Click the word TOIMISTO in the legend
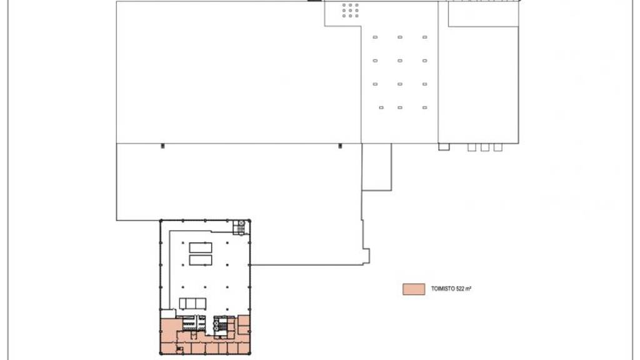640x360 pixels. [x=443, y=289]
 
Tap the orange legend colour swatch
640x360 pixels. [x=414, y=289]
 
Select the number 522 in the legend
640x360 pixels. [x=461, y=289]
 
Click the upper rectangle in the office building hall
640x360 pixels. [x=201, y=247]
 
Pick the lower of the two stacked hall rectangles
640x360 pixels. [x=201, y=260]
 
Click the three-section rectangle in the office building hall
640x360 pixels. [x=192, y=303]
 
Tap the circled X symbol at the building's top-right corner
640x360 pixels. [x=242, y=223]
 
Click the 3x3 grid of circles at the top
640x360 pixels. [x=350, y=10]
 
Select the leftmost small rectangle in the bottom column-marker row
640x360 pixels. [x=381, y=107]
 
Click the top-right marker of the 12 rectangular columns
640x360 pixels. [x=425, y=37]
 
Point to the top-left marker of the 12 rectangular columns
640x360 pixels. [x=375, y=37]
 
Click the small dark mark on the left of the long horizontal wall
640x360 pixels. [x=163, y=146]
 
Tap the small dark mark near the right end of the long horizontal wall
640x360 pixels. [x=341, y=146]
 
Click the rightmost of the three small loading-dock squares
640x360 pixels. [x=498, y=147]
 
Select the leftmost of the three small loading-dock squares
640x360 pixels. [x=472, y=147]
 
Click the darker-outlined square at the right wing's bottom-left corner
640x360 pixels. [x=444, y=146]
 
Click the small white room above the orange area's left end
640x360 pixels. [x=167, y=314]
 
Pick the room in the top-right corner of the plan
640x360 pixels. [x=484, y=14]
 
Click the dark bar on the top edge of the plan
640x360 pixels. [x=314, y=1]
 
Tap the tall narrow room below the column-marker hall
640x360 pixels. [x=377, y=167]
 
